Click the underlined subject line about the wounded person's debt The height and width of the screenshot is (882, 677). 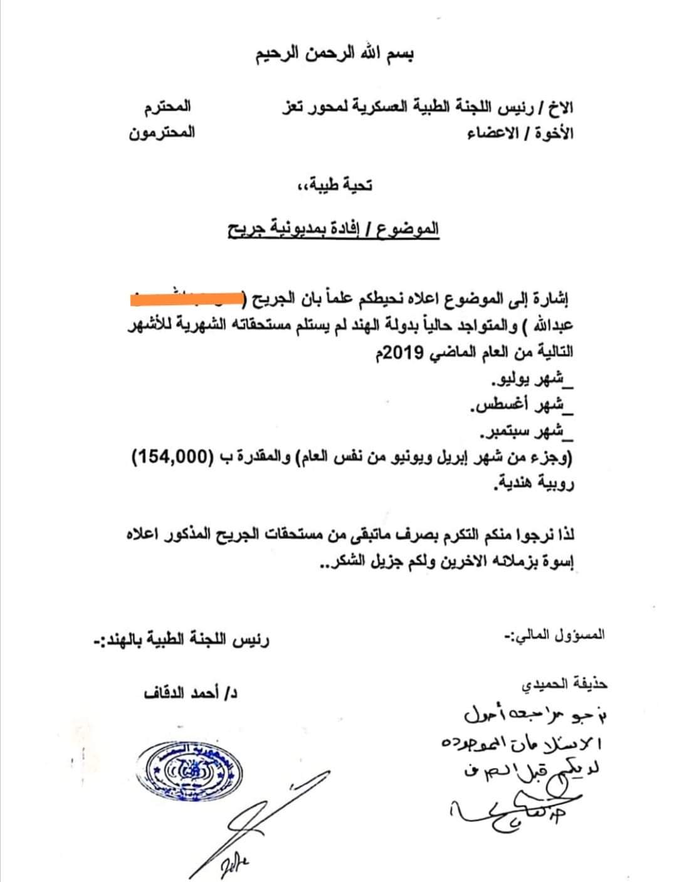[x=332, y=229]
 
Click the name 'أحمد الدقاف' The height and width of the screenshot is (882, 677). [x=189, y=694]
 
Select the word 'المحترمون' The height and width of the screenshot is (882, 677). [x=162, y=133]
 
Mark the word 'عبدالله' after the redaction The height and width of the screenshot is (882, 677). [x=552, y=327]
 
